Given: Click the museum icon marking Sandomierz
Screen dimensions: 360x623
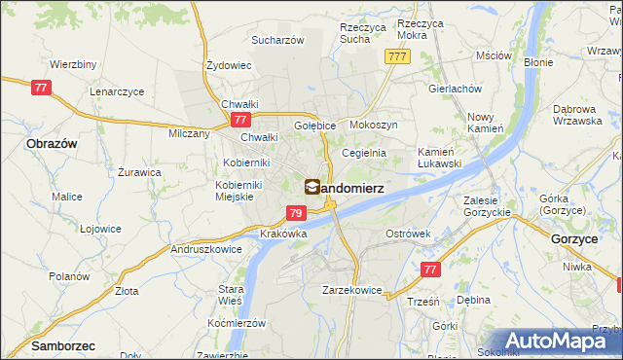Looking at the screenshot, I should pos(311,186).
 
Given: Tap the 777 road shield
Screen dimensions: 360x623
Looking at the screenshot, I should pos(396,57).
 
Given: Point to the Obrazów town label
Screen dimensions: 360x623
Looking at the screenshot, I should pos(46,143).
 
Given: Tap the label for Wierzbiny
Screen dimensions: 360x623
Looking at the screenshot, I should pos(72,64).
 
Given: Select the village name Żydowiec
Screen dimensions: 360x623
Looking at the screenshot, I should pos(229,65).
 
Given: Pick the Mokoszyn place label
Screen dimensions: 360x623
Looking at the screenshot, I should pos(373,126).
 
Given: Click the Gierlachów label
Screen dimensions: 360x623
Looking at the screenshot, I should pos(455,88).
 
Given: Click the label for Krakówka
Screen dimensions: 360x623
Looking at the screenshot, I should pos(284,234).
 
